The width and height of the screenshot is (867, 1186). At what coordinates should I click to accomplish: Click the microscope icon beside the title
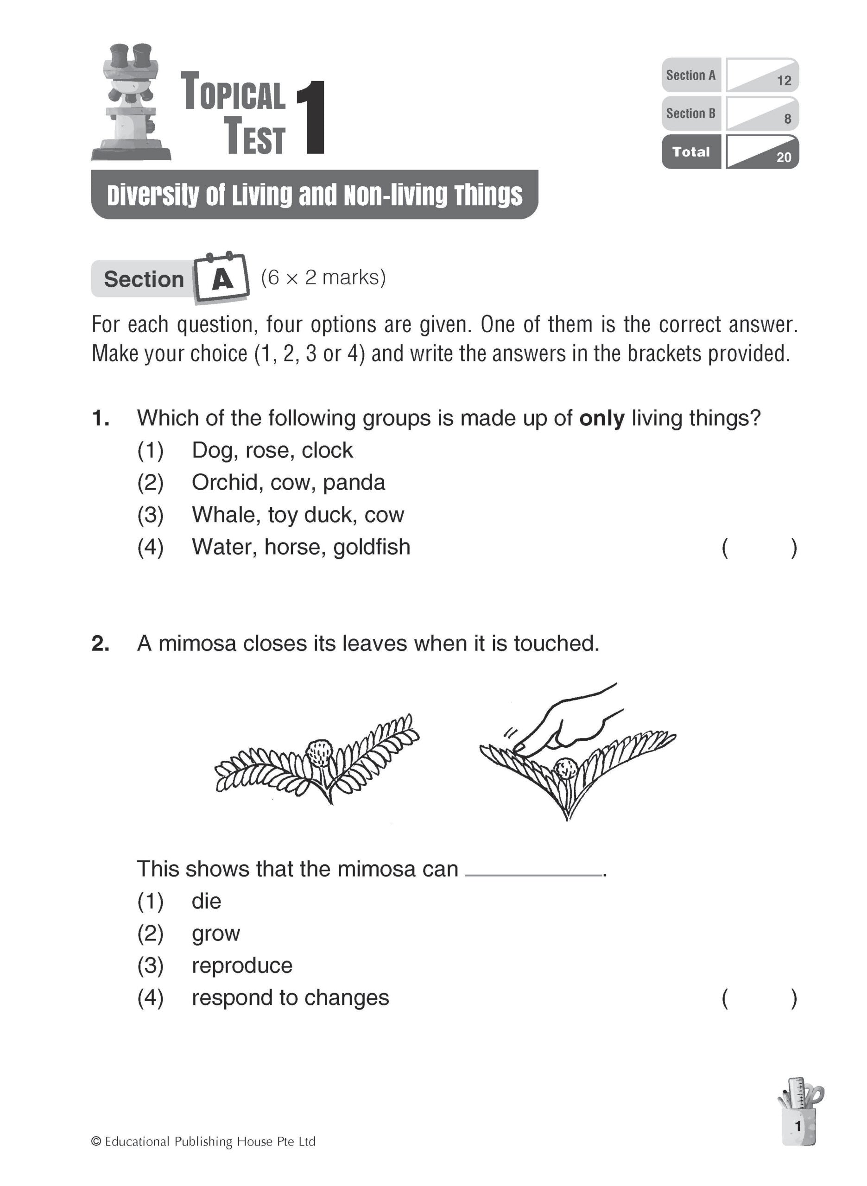click(x=131, y=102)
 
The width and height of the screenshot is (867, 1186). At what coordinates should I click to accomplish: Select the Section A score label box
click(x=690, y=76)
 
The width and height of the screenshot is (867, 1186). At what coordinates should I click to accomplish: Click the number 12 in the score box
click(x=784, y=81)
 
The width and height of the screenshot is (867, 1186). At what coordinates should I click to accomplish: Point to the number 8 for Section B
click(x=787, y=119)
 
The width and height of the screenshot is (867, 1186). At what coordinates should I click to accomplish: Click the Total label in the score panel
click(x=690, y=152)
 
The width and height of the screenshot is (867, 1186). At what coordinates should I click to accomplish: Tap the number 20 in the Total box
click(x=784, y=158)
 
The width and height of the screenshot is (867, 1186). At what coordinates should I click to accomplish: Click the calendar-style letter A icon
click(x=222, y=278)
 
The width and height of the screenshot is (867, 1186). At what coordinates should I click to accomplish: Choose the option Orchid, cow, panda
click(x=288, y=483)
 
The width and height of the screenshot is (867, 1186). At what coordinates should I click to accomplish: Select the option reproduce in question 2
click(x=242, y=965)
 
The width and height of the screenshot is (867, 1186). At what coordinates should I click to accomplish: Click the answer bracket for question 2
click(x=759, y=998)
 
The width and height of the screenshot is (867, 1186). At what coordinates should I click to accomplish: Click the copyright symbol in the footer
click(x=96, y=1142)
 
